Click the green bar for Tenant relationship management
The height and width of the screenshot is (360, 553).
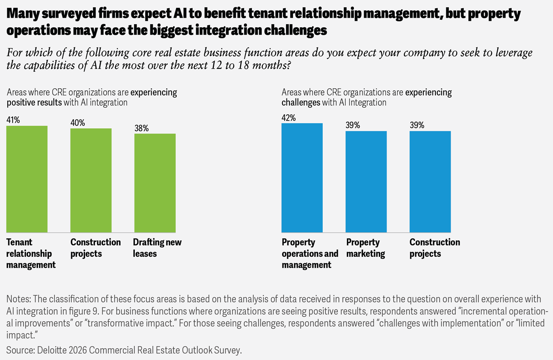(27, 179)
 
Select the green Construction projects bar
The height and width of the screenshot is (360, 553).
(91, 180)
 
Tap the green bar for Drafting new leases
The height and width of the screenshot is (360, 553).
(155, 183)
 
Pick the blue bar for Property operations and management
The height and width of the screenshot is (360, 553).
(302, 178)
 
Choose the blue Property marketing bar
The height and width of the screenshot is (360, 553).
(366, 182)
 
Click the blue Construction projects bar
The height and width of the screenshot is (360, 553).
(430, 182)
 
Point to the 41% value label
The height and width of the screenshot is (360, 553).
(13, 120)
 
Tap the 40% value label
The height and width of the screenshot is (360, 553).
(78, 123)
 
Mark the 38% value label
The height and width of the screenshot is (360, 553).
(141, 128)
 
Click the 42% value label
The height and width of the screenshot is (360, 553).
(289, 117)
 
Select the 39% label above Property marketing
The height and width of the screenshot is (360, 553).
(353, 125)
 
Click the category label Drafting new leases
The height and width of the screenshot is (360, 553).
(157, 248)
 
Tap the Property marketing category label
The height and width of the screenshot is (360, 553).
(365, 248)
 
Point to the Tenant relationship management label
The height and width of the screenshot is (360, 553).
(31, 253)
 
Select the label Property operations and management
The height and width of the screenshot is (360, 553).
(310, 253)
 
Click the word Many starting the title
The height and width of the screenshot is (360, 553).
(22, 14)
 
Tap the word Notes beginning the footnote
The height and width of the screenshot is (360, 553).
(17, 299)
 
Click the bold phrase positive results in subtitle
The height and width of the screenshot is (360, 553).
(34, 103)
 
